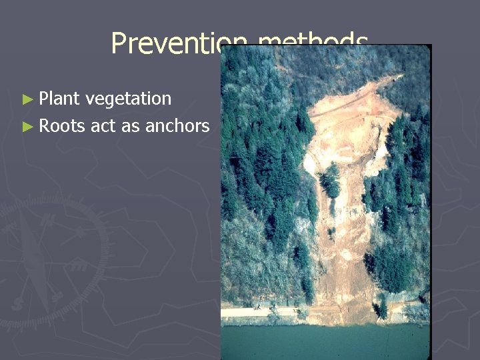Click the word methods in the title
[x=313, y=43]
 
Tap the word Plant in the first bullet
[x=59, y=99]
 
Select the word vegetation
[x=129, y=99]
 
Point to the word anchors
[x=182, y=125]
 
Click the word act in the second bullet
[x=103, y=125]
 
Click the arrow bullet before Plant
[x=27, y=99]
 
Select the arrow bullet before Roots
[x=27, y=126]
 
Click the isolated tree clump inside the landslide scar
[x=329, y=180]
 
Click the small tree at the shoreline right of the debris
[x=381, y=308]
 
